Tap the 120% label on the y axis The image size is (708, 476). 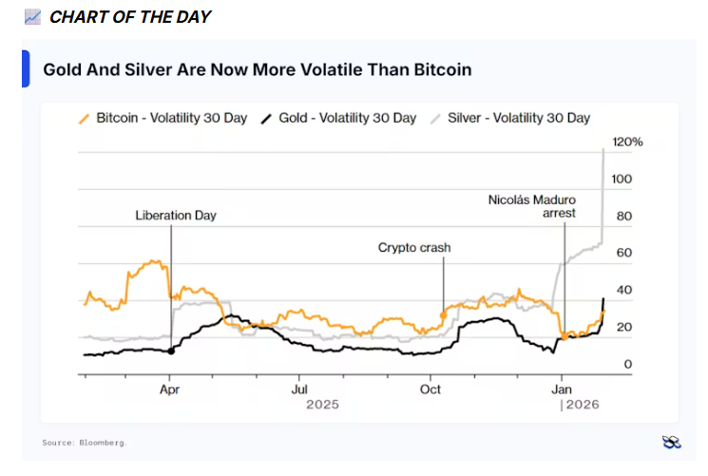(x=628, y=142)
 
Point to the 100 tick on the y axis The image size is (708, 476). (x=622, y=179)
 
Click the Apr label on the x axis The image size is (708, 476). (x=170, y=389)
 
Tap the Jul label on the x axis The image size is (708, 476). (x=299, y=389)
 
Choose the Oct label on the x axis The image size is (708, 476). (x=431, y=389)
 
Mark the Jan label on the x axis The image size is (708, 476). (x=562, y=389)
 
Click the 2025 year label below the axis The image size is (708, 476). (x=322, y=405)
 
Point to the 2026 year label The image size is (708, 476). (x=584, y=405)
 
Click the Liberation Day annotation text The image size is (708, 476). (x=176, y=216)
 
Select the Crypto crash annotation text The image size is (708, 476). (x=414, y=248)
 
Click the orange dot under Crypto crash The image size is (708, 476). (x=444, y=314)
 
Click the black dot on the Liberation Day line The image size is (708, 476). (x=171, y=351)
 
